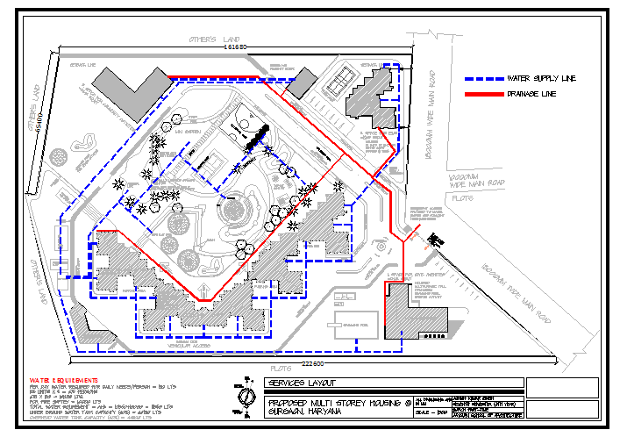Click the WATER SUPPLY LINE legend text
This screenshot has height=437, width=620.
coord(541,78)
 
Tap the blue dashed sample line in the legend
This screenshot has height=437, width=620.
coord(483,78)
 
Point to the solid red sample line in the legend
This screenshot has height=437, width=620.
coord(483,93)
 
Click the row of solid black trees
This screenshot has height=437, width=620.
coord(255,136)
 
